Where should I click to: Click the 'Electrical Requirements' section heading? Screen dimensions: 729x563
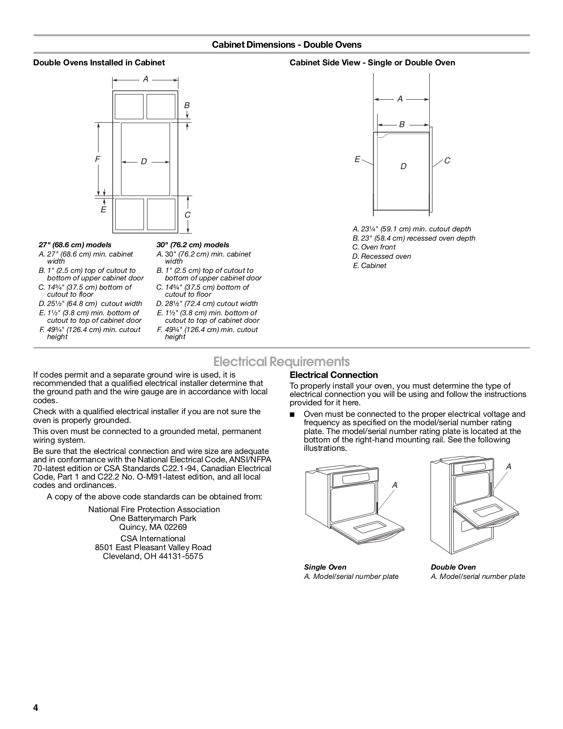(281, 362)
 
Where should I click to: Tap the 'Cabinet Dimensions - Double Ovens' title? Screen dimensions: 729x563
(287, 45)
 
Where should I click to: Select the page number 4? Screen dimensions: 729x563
(36, 708)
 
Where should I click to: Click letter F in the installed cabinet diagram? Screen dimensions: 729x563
(98, 159)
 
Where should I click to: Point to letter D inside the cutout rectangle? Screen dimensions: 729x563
(144, 162)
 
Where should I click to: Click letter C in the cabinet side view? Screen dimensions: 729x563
(447, 161)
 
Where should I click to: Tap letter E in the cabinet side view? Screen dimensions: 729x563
(357, 159)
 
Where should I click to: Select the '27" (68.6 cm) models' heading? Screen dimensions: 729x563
(75, 245)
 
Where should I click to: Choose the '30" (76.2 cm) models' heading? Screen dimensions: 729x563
(193, 245)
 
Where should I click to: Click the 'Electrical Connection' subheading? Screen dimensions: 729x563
(333, 375)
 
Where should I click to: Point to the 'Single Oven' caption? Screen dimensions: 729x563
(325, 567)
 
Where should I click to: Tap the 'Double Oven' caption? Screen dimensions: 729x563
(453, 567)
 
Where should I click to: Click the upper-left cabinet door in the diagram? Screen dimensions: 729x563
(129, 106)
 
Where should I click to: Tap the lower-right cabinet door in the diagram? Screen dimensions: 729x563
(161, 214)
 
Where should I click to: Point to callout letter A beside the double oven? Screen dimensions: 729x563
(509, 466)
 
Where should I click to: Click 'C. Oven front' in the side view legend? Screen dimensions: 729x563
(374, 247)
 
